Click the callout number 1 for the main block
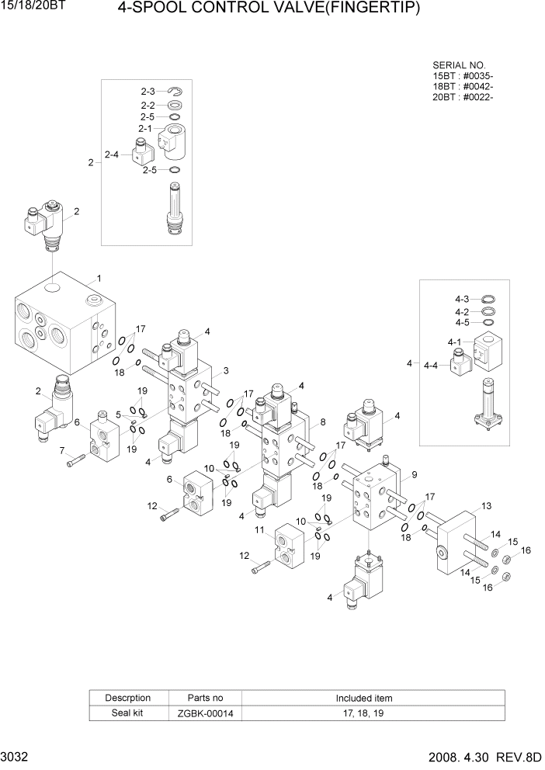coord(98,278)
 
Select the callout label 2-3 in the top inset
coord(148,92)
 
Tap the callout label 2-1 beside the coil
coord(145,128)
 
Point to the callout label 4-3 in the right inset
coord(462,299)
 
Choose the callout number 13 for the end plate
coord(487,506)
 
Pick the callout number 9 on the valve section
coord(415,474)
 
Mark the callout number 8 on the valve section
coord(322,422)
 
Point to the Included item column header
coord(364,697)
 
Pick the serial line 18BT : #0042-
coord(463,86)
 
